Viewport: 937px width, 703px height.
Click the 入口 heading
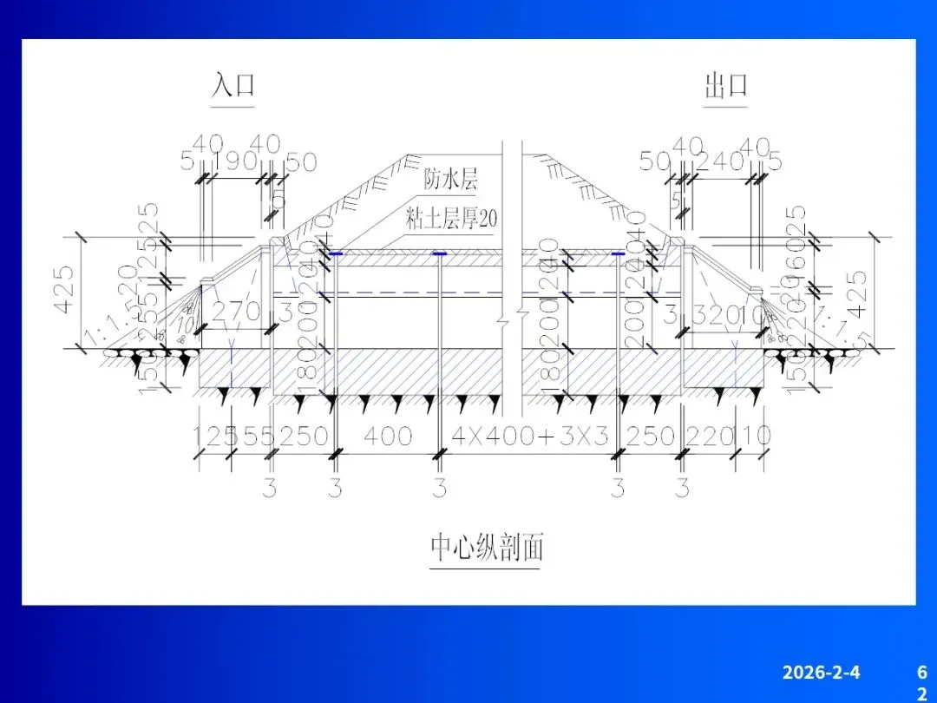click(x=233, y=86)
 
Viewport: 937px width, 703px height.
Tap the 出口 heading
click(x=725, y=86)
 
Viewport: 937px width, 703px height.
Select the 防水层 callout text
click(x=450, y=180)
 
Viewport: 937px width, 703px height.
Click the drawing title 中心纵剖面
click(x=487, y=548)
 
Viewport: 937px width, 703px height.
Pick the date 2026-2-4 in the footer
click(x=821, y=672)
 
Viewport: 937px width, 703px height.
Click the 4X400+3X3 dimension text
click(x=530, y=436)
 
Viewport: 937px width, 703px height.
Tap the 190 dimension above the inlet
click(x=235, y=161)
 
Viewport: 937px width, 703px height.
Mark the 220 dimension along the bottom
click(x=709, y=436)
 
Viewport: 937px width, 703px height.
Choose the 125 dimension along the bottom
click(x=212, y=436)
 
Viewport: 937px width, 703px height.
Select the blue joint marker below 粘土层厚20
click(x=440, y=253)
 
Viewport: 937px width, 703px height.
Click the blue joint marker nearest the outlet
click(x=617, y=253)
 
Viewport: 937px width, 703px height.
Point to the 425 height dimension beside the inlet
click(x=66, y=292)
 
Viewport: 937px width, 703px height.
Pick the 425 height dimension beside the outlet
click(x=856, y=292)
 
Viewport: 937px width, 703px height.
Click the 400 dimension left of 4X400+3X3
click(x=387, y=436)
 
